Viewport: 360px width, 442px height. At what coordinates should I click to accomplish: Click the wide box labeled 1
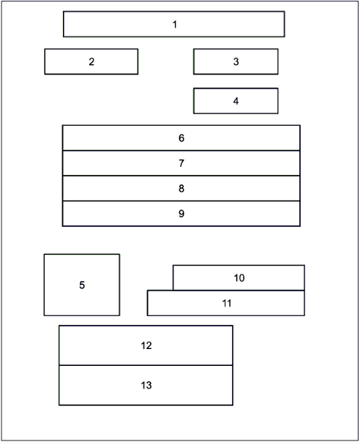[x=174, y=24]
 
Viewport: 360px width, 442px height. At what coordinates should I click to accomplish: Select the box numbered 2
[x=91, y=61]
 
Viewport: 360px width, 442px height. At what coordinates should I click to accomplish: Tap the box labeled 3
[x=236, y=61]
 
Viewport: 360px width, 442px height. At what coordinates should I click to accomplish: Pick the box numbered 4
[x=236, y=101]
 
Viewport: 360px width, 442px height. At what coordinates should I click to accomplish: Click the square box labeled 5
[x=82, y=285]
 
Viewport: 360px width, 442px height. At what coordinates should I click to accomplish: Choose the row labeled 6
[x=181, y=138]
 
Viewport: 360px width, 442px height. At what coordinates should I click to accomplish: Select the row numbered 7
[x=181, y=163]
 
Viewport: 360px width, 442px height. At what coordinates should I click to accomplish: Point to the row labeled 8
[x=181, y=188]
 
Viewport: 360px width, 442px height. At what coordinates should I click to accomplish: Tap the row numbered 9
[x=181, y=214]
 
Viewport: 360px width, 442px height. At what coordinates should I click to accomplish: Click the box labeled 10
[x=239, y=277]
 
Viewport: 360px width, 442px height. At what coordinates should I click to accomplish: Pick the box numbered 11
[x=226, y=303]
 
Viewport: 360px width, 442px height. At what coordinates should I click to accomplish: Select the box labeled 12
[x=146, y=345]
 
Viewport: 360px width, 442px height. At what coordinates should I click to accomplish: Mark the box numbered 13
[x=146, y=386]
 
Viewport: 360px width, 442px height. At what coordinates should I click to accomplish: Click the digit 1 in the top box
[x=175, y=25]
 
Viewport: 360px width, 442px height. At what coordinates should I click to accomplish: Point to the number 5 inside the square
[x=82, y=285]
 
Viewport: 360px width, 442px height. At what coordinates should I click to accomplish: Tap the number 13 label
[x=146, y=386]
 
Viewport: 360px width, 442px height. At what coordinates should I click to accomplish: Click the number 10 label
[x=239, y=278]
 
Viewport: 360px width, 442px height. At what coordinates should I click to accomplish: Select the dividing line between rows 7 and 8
[x=181, y=176]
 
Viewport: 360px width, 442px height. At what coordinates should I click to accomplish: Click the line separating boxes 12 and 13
[x=146, y=365]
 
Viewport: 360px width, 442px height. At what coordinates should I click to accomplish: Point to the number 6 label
[x=181, y=138]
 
